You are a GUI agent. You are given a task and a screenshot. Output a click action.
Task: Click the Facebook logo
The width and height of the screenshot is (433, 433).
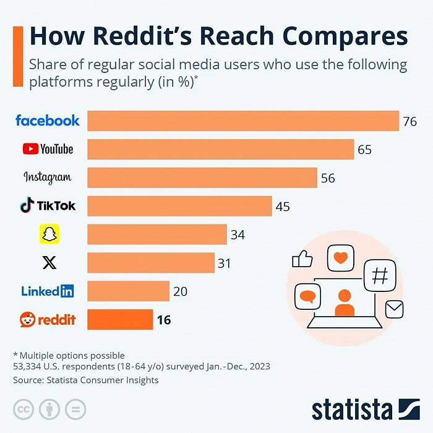coord(48,121)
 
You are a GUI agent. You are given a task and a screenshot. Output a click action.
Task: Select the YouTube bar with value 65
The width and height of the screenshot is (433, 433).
coord(220,149)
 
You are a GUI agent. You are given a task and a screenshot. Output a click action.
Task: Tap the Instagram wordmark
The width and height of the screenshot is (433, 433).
coord(48,178)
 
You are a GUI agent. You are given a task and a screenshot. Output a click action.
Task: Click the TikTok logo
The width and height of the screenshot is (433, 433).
coord(48,205)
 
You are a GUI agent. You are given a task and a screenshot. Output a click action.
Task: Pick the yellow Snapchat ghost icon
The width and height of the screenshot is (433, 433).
coord(48,234)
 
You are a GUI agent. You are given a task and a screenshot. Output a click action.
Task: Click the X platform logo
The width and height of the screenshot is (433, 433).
coord(48,263)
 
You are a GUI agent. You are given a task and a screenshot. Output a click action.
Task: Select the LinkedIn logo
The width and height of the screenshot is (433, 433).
coord(48,291)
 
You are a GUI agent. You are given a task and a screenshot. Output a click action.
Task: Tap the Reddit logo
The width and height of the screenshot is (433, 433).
coord(48,319)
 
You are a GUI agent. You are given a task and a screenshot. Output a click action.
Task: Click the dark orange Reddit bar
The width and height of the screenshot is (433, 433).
coord(120,319)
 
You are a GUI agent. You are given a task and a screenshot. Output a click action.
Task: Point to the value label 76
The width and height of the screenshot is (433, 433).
coord(409,121)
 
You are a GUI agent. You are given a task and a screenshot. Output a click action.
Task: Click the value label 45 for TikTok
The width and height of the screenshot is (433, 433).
coord(283,206)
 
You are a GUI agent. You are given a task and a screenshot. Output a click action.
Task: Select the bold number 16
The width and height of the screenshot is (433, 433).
coord(163,320)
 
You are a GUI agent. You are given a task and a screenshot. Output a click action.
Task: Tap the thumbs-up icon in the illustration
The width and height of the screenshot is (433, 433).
coord(302,259)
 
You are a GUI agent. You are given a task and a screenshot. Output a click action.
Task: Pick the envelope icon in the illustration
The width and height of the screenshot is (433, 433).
coord(394,308)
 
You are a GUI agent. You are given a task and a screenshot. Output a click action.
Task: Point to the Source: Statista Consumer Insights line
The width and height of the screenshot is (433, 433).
coord(85,380)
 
